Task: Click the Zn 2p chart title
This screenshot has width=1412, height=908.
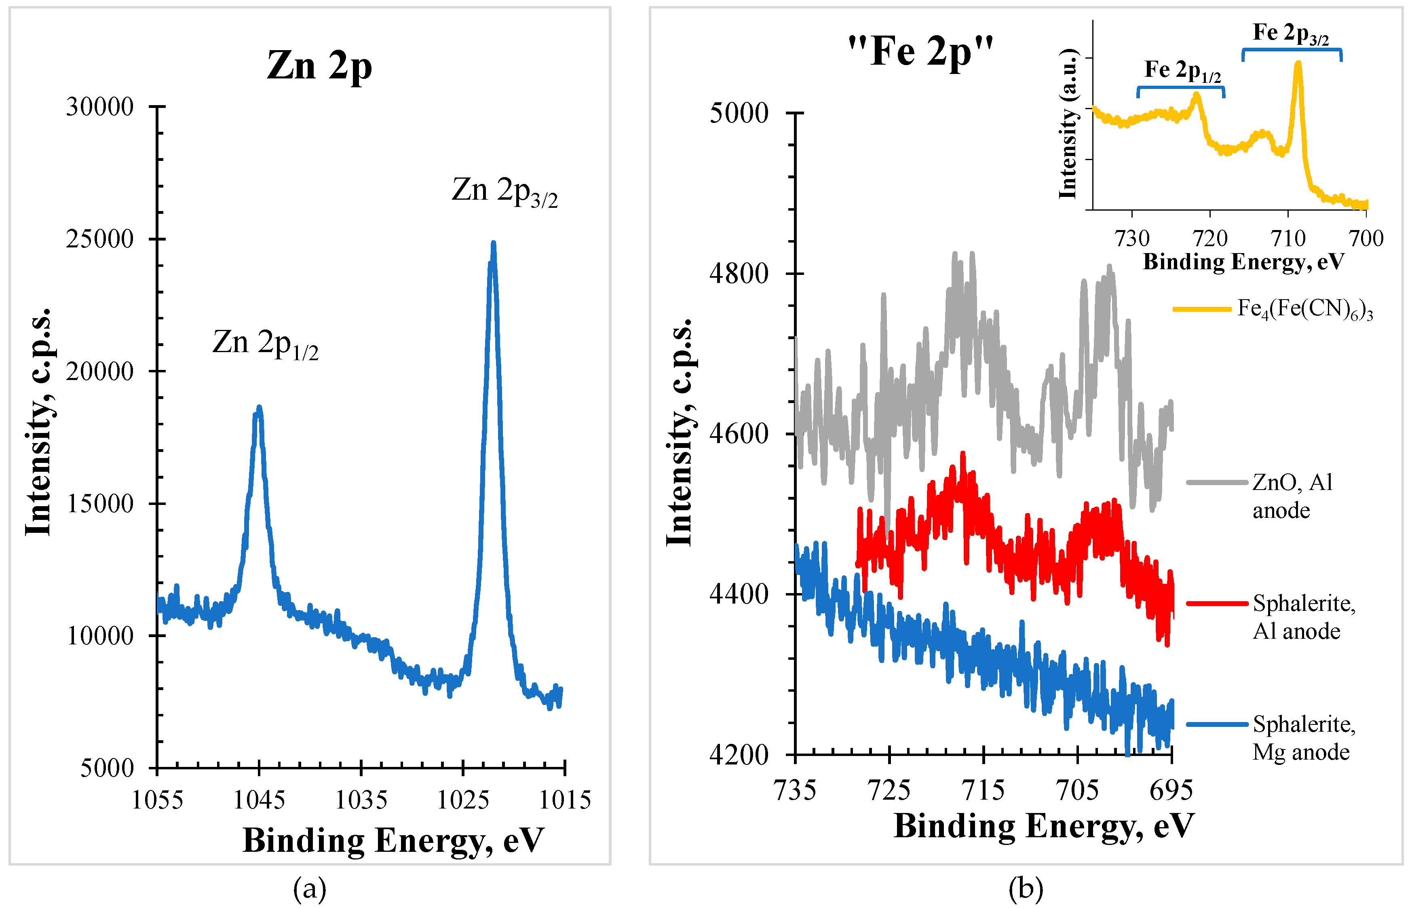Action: coord(319,65)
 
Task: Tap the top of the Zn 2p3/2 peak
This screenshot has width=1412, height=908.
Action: coord(494,243)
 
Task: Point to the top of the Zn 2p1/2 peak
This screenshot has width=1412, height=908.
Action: coord(258,408)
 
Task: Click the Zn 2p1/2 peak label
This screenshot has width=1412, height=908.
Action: coord(265,343)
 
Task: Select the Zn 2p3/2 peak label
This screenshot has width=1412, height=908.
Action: coord(504,191)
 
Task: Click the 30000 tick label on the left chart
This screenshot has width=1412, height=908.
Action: coord(99,107)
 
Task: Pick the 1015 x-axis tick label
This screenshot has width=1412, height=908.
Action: coord(565,800)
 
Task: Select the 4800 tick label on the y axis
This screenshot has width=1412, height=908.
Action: coord(739,274)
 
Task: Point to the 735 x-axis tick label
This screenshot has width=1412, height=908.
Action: coord(795,790)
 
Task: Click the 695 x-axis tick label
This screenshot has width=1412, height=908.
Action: coord(1171,790)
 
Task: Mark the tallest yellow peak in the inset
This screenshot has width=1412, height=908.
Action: coord(1298,63)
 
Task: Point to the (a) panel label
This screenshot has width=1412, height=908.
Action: coord(310,888)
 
